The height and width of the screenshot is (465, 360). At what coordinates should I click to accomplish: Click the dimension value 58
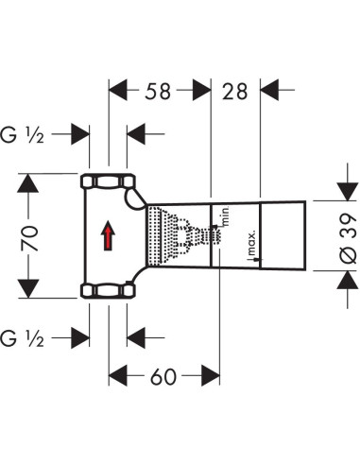click(x=161, y=93)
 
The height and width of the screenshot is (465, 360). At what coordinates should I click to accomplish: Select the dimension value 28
click(x=233, y=93)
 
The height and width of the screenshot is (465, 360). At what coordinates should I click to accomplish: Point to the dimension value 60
click(x=163, y=377)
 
